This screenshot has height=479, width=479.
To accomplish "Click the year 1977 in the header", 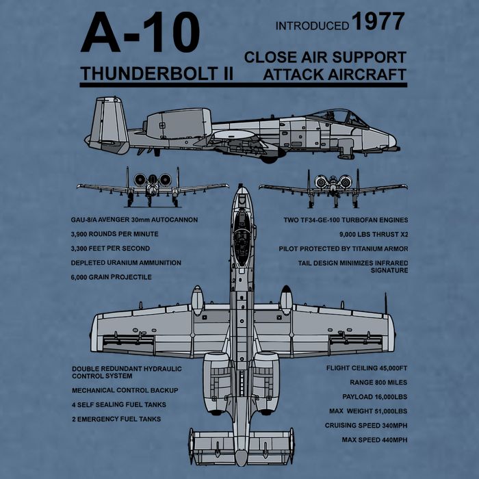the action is click(378, 21).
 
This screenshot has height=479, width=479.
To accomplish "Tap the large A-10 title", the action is click(140, 32).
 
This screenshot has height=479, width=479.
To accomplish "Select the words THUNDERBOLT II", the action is click(157, 74).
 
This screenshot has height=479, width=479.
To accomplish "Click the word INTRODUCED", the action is click(312, 26).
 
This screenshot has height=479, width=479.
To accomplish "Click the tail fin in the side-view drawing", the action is click(109, 124).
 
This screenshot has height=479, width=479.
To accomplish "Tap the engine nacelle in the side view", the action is click(178, 124).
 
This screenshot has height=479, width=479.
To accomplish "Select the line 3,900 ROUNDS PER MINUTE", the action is click(114, 234).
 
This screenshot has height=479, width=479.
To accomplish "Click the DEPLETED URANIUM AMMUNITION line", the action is click(126, 263).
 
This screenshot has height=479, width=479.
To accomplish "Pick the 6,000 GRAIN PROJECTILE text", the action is click(111, 277).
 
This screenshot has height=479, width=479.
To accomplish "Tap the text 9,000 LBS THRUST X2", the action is click(374, 235).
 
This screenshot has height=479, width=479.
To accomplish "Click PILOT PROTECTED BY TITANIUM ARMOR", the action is click(344, 249).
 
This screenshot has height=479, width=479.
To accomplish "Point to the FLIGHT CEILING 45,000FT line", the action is click(367, 368).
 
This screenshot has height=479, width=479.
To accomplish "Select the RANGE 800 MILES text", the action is click(378, 383).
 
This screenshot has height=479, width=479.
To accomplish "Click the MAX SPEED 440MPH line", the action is click(374, 440).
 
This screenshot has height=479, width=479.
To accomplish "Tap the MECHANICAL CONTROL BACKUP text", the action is click(125, 391).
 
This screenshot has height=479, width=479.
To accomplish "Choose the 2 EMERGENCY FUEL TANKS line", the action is click(116, 419).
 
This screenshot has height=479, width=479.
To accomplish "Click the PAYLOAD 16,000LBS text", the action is click(375, 397).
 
